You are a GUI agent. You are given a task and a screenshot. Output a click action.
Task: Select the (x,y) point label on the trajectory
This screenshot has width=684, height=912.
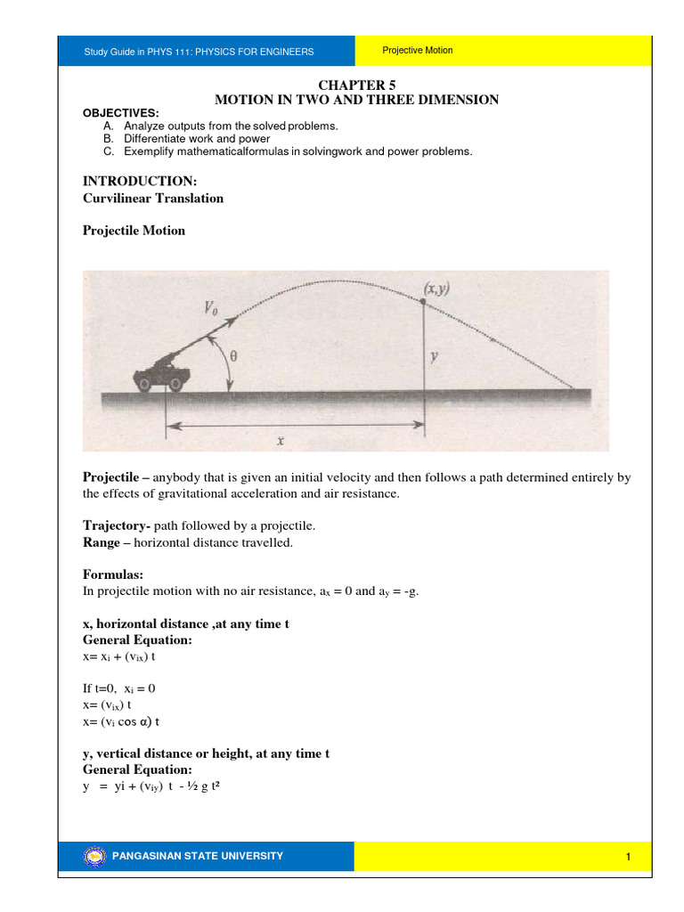tap(436, 289)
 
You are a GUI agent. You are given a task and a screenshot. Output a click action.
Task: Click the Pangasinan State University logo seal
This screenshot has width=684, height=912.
tap(94, 857)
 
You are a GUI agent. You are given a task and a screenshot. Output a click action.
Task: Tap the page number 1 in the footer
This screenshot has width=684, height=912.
tap(628, 857)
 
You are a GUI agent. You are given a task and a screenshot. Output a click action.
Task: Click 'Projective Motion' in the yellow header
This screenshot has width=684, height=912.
tap(418, 51)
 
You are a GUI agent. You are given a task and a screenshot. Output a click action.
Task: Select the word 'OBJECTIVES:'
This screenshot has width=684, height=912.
tap(120, 113)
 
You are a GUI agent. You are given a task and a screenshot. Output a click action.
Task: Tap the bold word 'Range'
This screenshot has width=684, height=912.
tap(102, 542)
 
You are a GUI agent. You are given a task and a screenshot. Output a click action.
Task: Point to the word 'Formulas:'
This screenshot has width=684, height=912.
tap(112, 575)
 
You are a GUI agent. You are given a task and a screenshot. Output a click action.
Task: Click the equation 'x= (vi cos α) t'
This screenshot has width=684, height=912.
tap(121, 721)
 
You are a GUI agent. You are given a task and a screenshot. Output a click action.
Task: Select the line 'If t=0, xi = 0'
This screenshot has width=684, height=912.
tap(119, 688)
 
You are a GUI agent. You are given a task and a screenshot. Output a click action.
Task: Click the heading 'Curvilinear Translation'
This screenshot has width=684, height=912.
tap(153, 198)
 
